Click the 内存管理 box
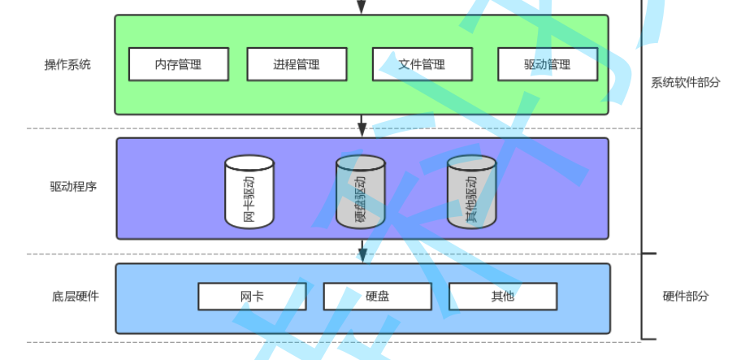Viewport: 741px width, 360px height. coord(179,64)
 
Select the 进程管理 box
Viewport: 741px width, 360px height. coord(297,64)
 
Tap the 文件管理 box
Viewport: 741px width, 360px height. coord(422,64)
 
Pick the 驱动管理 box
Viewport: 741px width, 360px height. coord(547,64)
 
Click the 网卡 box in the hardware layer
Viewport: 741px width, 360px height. coord(252,297)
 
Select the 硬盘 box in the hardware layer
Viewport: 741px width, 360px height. coord(377,297)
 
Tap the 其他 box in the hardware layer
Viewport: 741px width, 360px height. coord(503,297)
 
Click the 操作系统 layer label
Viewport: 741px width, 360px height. coord(67,65)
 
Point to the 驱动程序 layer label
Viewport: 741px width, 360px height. coord(73,186)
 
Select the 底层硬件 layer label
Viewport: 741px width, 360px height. coord(76,297)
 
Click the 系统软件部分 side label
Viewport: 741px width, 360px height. coord(686,82)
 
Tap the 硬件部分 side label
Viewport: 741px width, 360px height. coord(686,297)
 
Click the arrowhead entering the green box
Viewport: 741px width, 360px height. coord(362,8)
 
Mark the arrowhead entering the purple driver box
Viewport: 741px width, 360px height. coord(362,130)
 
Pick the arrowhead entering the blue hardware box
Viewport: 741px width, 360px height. coord(362,256)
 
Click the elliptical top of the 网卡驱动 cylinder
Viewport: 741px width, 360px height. coord(249,163)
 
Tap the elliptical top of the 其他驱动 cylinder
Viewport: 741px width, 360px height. coord(472,163)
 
